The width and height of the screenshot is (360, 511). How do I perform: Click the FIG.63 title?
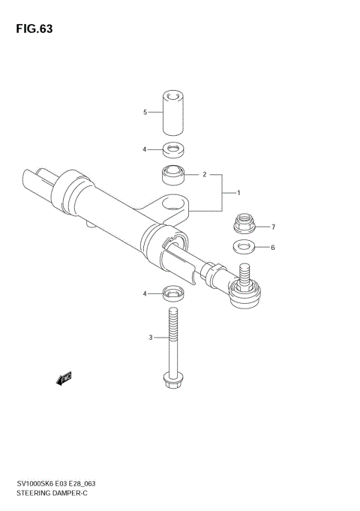coord(31,29)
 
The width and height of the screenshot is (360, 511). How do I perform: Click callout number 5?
coord(145,113)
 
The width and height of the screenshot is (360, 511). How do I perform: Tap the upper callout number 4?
coord(145,149)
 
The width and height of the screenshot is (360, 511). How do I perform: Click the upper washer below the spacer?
coord(173,149)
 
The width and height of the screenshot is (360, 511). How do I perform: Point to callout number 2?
coord(204,175)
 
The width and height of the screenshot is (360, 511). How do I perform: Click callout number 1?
coord(238,193)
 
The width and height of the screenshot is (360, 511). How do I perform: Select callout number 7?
coord(274,227)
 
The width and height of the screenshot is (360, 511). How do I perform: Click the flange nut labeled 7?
coord(244,224)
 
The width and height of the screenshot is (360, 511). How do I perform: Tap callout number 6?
coord(274,247)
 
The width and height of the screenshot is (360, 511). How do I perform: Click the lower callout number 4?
coord(145,293)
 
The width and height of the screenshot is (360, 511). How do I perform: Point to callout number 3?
coord(150,338)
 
